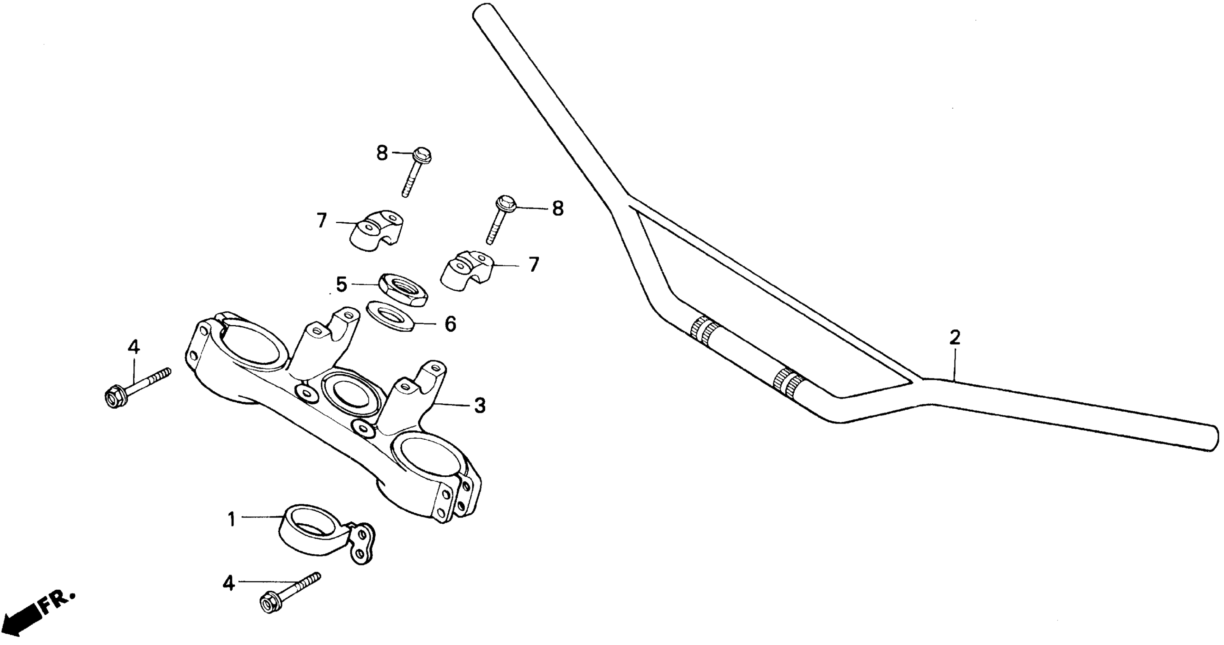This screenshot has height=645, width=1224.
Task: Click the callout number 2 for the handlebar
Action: pyautogui.click(x=954, y=338)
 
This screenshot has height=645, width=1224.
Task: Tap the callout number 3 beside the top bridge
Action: pyautogui.click(x=480, y=406)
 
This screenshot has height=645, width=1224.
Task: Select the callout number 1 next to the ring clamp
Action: pyautogui.click(x=232, y=519)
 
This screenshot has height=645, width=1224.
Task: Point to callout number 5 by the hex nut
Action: pyautogui.click(x=342, y=285)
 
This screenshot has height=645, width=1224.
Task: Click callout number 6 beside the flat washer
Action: pyautogui.click(x=450, y=324)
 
